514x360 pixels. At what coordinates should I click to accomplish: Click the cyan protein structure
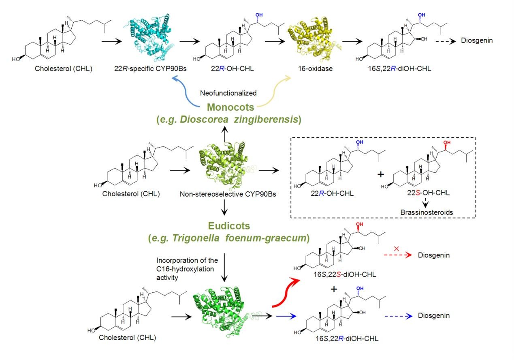pos(149,38)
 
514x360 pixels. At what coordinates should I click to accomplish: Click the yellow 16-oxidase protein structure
pos(314,39)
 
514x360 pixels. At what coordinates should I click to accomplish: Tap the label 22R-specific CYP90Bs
pos(150,69)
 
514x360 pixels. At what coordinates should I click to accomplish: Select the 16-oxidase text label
pos(315,69)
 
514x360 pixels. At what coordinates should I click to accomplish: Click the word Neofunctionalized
pos(228,93)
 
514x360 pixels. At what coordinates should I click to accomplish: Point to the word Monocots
pos(230,107)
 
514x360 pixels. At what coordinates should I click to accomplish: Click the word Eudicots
pos(229,226)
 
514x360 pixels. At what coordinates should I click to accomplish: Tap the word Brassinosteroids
pos(427,212)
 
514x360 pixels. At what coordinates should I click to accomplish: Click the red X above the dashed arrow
pos(396,249)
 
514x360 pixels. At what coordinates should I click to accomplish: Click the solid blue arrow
pos(286,316)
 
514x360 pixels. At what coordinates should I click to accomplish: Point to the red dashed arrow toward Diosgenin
pos(398,255)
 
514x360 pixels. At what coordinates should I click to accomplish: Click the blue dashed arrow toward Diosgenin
pos(398,316)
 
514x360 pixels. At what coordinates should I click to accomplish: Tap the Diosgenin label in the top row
pos(477,41)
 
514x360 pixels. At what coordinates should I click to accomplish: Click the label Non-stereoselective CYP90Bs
pos(228,194)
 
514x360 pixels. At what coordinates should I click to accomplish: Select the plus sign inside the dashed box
pos(381,174)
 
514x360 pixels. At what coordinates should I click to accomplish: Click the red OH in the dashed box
pos(447,142)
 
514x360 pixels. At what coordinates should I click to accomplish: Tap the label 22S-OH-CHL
pos(428,193)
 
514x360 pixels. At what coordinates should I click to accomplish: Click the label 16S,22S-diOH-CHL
pos(345,274)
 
